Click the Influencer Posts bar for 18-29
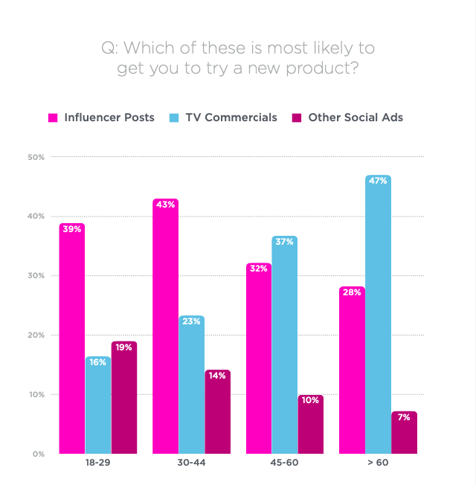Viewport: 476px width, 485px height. point(72,338)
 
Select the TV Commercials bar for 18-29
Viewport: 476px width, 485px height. point(98,405)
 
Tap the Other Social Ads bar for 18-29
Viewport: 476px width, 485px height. point(124,397)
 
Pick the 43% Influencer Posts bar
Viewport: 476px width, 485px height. point(165,327)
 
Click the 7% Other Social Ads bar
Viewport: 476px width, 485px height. point(404,432)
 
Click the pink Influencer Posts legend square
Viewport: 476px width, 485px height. point(53,118)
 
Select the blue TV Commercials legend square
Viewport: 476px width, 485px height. point(174,118)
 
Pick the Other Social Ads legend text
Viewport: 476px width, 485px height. point(356,118)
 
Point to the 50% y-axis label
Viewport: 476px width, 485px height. point(36,157)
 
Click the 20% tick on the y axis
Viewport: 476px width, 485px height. point(36,335)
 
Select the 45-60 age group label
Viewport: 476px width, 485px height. point(284,463)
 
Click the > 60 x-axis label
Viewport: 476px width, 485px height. point(377,463)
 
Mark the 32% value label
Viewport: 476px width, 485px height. point(258,269)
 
